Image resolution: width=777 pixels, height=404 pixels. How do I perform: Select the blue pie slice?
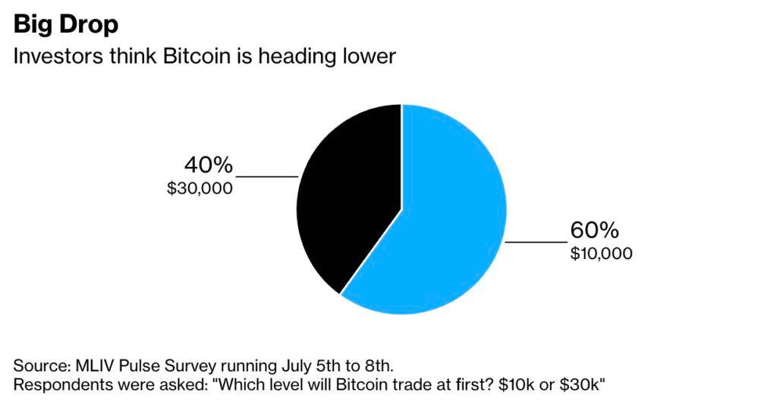click(448, 220)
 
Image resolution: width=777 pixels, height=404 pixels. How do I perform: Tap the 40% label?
click(208, 166)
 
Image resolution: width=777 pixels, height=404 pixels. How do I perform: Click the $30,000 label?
click(200, 188)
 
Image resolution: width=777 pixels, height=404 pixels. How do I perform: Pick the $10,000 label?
click(601, 253)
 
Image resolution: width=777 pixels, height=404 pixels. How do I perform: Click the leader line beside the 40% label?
click(267, 176)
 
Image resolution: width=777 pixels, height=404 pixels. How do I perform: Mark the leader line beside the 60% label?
click(536, 242)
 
